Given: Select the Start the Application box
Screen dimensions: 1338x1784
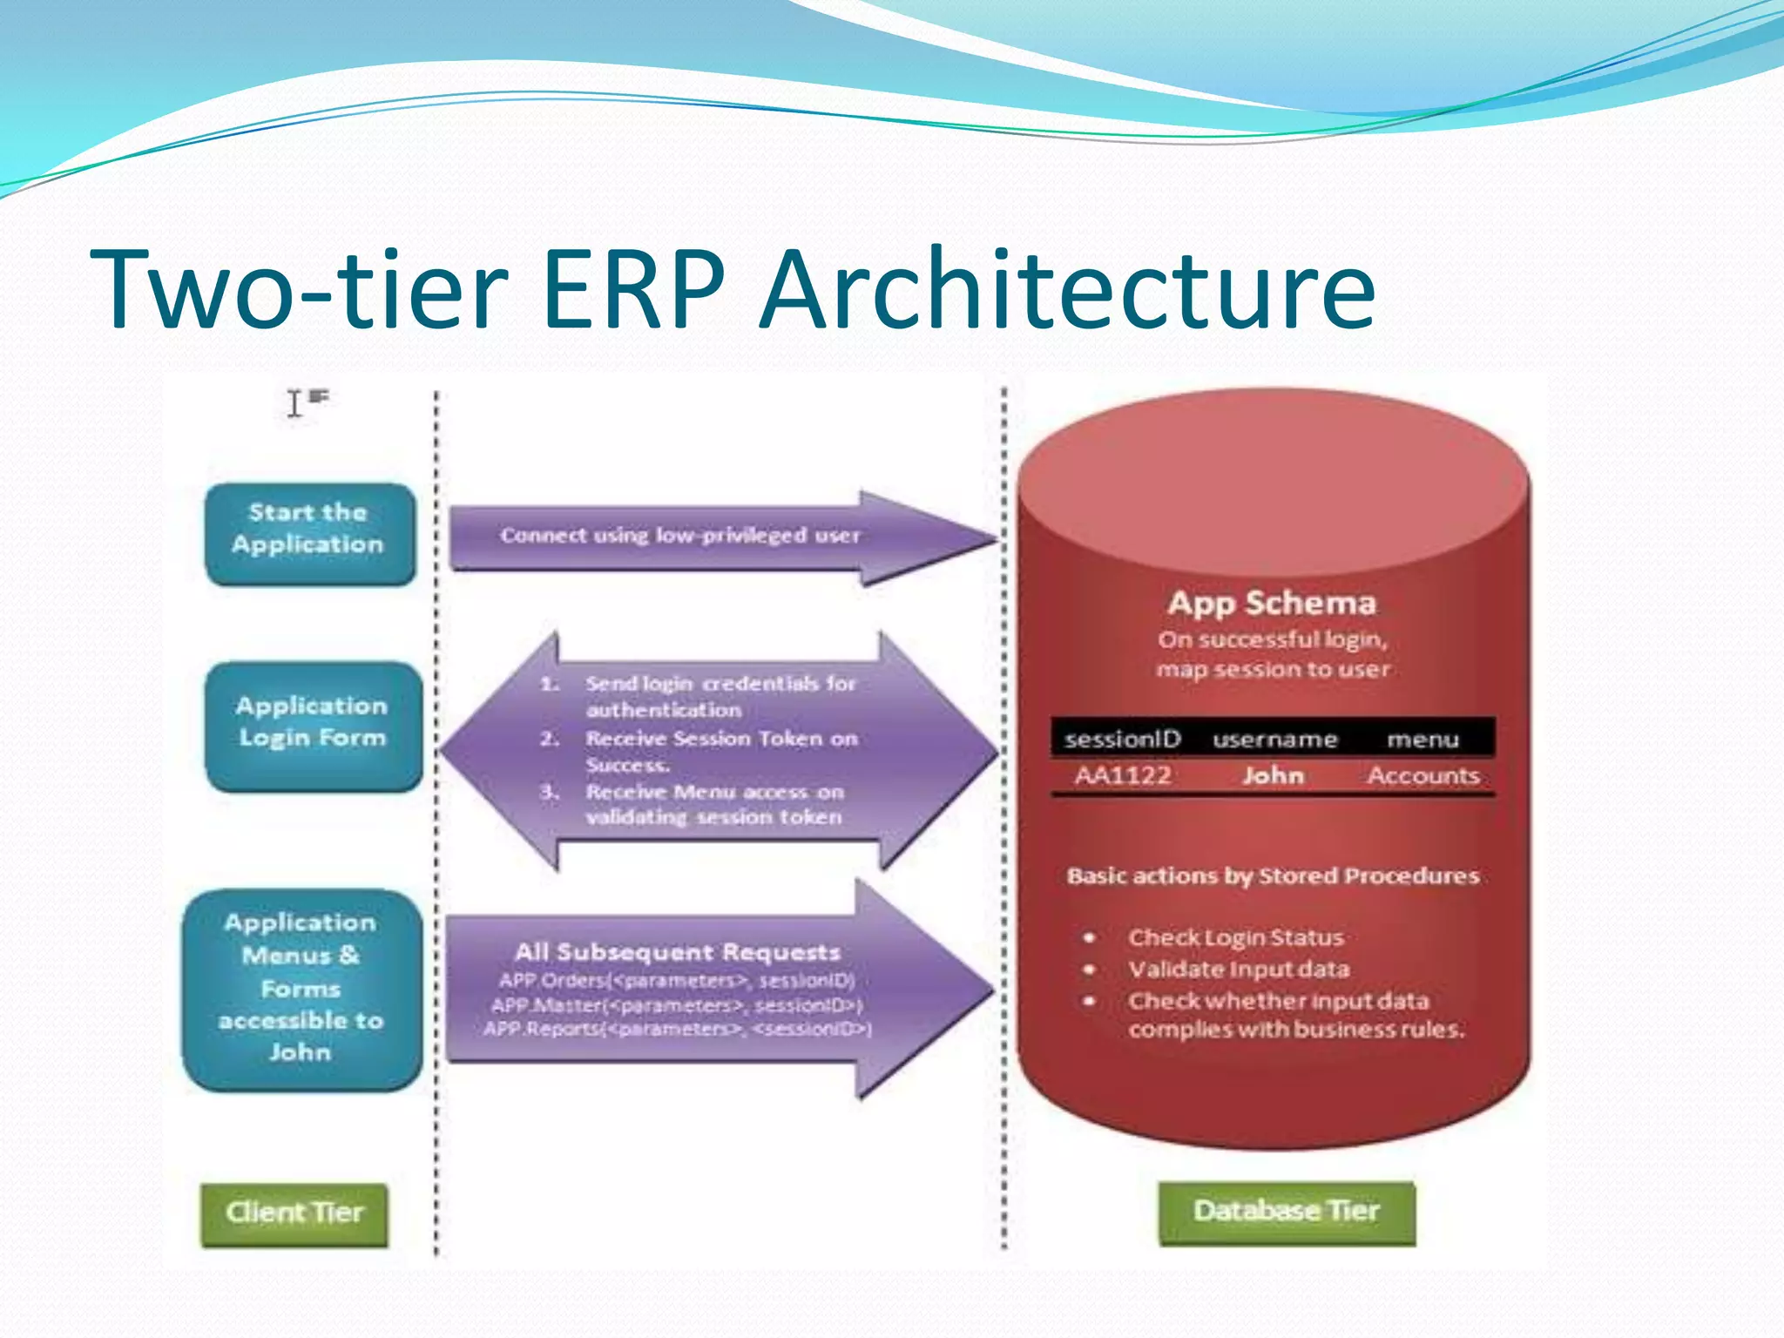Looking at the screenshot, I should point(309,533).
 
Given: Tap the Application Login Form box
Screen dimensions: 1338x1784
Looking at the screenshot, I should point(313,726).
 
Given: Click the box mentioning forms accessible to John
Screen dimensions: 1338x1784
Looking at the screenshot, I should point(301,989).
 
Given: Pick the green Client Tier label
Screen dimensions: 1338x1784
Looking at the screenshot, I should point(294,1213).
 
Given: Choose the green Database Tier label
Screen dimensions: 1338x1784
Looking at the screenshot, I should point(1286,1212).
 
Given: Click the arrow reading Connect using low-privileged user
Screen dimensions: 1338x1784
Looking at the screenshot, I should point(679,536).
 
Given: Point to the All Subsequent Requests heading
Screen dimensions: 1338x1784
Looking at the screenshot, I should point(677,952).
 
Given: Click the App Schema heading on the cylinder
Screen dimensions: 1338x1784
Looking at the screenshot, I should point(1271,604).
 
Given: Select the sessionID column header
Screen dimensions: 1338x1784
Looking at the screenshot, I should point(1122,740).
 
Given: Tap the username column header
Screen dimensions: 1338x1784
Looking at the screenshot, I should point(1274,740).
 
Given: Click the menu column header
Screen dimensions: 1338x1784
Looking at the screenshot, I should point(1422,740).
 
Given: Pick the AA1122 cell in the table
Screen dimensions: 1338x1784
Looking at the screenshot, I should point(1122,775).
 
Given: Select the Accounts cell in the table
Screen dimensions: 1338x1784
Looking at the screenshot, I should point(1422,775).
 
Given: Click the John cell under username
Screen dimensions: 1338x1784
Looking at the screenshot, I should point(1273,775).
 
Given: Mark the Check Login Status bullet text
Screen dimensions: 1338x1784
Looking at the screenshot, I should point(1235,937).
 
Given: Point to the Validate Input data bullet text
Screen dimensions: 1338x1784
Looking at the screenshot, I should point(1238,970).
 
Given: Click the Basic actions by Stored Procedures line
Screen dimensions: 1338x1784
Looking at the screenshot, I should point(1273,875).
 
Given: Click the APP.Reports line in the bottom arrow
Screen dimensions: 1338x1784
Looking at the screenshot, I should point(677,1029).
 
